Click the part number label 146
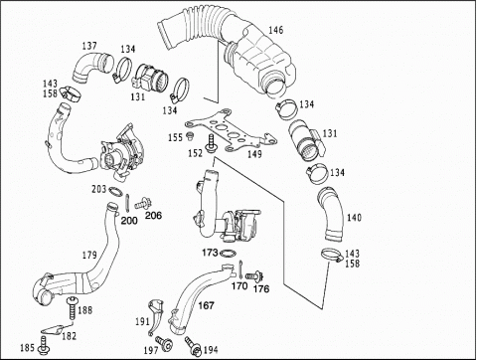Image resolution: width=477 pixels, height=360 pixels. tap(275, 30)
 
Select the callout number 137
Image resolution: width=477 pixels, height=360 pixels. tap(89, 46)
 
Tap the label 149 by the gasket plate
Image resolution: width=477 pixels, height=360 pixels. tap(254, 154)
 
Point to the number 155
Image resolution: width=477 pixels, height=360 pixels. tap(175, 137)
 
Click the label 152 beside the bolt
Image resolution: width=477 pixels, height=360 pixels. tap(195, 153)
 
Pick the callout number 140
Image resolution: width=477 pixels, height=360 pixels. tap(354, 218)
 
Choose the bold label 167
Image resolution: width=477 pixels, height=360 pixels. tap(206, 305)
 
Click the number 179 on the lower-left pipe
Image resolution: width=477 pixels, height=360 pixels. tap(89, 255)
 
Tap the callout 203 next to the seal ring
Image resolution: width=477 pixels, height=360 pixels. tap(98, 189)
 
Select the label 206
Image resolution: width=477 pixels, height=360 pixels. tap(154, 216)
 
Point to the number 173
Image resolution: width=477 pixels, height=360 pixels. tap(210, 253)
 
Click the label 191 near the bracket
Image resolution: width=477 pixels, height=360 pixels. tap(142, 321)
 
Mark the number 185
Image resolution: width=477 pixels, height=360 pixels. tap(27, 348)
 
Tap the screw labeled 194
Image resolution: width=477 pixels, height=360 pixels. tap(193, 346)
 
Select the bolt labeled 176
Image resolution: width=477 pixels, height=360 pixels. tap(254, 275)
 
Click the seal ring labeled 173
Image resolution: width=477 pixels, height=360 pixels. tap(228, 254)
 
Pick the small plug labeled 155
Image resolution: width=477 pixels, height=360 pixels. tap(190, 135)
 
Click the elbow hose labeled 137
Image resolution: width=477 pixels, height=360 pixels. tap(90, 67)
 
